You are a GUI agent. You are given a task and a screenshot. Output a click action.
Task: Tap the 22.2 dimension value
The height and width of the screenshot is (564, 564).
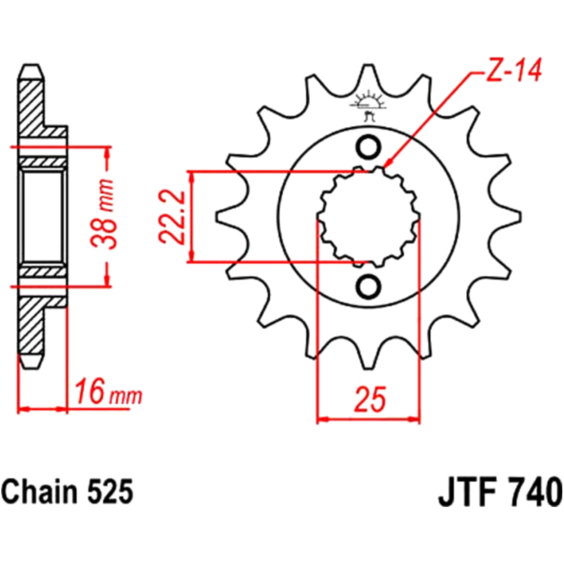pyautogui.click(x=172, y=217)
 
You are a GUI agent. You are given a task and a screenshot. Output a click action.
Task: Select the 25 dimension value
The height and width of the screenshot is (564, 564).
pyautogui.click(x=369, y=399)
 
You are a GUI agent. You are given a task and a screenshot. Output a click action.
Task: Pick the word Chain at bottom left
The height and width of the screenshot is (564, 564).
pyautogui.click(x=39, y=492)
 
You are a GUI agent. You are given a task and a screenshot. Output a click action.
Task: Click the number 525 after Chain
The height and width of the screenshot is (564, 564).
pyautogui.click(x=109, y=493)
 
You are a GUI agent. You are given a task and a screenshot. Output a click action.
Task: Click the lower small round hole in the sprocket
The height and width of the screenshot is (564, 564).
pyautogui.click(x=368, y=287)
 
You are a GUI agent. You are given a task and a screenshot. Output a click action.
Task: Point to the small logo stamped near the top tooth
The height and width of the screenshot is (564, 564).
pyautogui.click(x=368, y=105)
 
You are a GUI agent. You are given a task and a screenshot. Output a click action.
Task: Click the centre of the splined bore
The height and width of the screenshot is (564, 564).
pyautogui.click(x=368, y=217)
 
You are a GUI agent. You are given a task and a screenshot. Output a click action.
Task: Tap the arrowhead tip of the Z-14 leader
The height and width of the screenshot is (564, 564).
pyautogui.click(x=384, y=168)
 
